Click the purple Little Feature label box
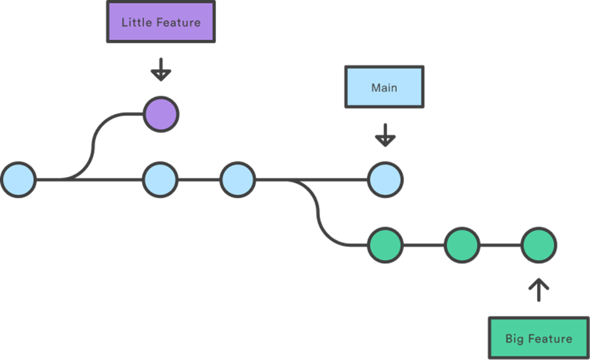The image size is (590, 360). coord(160,22)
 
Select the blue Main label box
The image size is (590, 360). coord(384,88)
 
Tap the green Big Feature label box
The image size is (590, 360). coord(538,338)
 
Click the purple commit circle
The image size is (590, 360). coord(160,114)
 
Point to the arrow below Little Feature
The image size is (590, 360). coord(160,70)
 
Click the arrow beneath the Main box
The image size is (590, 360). coord(385,136)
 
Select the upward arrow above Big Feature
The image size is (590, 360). coord(538,290)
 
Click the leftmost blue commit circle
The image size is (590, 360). coord(18,180)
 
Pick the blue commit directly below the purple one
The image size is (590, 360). coord(160,180)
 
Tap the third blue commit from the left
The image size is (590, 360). coord(237,180)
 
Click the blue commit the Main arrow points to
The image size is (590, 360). coord(385,180)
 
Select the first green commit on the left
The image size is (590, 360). coord(385,245)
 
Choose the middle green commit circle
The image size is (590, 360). coord(462,245)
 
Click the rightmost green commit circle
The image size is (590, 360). coord(538,245)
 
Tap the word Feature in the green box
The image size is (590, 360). coord(551,338)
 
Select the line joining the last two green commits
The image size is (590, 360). coord(500,245)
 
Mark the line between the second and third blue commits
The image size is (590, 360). coord(198,180)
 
